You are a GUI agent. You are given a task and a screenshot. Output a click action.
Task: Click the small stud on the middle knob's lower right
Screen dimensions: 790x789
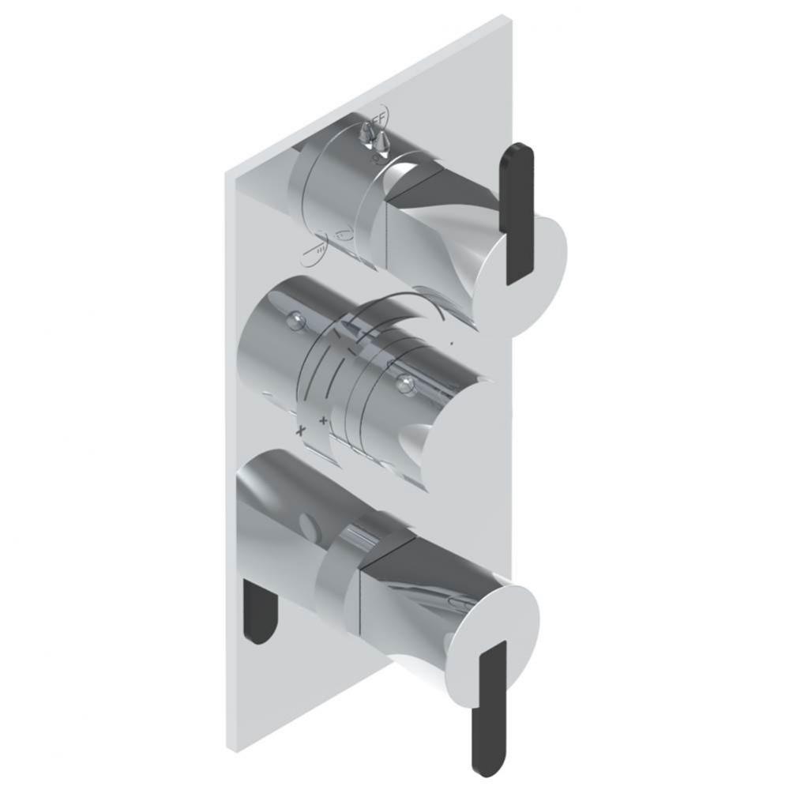click(x=406, y=385)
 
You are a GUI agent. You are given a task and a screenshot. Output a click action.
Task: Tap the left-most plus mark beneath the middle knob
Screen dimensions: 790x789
click(x=300, y=432)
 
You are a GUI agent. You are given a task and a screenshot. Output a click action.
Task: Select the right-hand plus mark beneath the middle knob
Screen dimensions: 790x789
click(x=323, y=421)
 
